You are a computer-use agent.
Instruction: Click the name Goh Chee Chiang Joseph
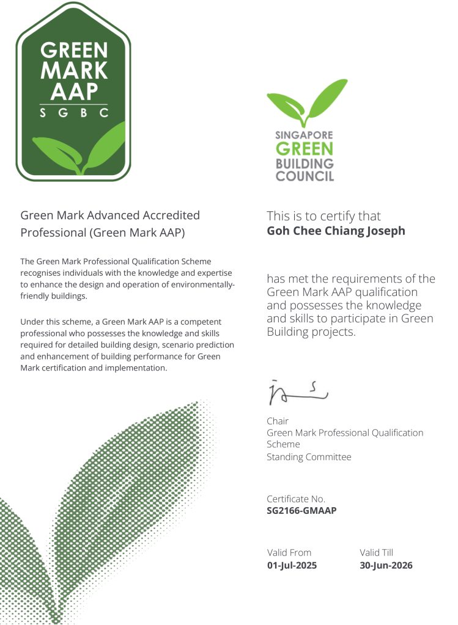pyautogui.click(x=336, y=231)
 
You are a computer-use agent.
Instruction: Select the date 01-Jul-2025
pyautogui.click(x=292, y=565)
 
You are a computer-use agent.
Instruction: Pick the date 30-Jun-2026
pyautogui.click(x=386, y=565)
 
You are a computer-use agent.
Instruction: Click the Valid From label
pyautogui.click(x=289, y=552)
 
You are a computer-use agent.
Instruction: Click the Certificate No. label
pyautogui.click(x=296, y=499)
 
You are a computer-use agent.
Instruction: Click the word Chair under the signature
pyautogui.click(x=278, y=421)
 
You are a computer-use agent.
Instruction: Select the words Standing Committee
pyautogui.click(x=309, y=457)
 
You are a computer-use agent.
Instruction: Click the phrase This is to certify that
pyautogui.click(x=323, y=216)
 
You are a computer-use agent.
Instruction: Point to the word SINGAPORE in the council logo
pyautogui.click(x=305, y=135)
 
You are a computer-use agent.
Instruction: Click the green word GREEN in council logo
pyautogui.click(x=305, y=150)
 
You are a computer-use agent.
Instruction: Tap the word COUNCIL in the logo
pyautogui.click(x=305, y=176)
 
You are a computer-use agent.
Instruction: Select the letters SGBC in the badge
pyautogui.click(x=73, y=113)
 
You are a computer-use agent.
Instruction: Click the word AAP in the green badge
pyautogui.click(x=74, y=90)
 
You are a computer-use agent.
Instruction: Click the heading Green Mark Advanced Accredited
pyautogui.click(x=110, y=215)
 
